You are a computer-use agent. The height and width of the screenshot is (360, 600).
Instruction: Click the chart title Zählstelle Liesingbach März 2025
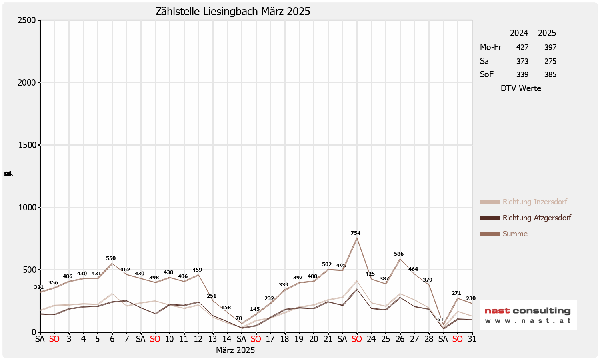pos(233,11)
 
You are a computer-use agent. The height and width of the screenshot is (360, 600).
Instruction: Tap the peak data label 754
pos(356,233)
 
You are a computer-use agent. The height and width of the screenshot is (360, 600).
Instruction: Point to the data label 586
pos(399,254)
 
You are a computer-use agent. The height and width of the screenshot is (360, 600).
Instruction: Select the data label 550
pos(111,258)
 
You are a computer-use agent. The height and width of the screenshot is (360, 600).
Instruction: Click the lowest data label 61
pos(440,320)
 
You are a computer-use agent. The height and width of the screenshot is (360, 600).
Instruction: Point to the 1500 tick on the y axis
pos(27,145)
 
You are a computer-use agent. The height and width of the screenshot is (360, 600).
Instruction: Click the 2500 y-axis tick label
pos(27,20)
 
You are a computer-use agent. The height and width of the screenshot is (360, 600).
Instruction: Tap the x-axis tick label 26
pos(400,339)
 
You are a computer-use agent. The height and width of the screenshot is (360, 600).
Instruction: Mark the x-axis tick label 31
pos(472,339)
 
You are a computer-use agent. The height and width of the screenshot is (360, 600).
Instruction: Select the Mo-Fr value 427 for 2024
pos(522,47)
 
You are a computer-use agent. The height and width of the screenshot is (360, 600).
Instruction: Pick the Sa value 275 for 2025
pos(550,61)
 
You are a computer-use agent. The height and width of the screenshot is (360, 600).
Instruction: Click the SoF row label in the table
pos(487,74)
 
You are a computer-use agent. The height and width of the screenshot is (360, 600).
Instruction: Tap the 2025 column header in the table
pos(547,33)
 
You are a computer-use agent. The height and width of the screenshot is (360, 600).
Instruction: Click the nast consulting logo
pos(528,315)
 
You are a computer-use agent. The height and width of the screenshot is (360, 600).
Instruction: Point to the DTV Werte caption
pos(521,88)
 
